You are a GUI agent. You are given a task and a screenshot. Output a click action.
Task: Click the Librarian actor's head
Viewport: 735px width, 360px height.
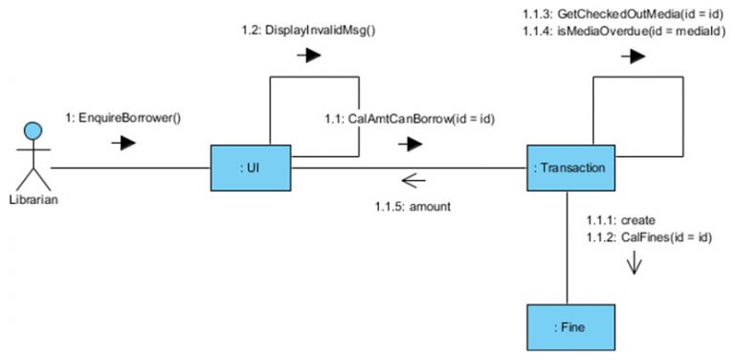[33, 130]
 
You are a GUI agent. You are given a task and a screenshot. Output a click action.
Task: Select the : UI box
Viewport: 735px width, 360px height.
[251, 169]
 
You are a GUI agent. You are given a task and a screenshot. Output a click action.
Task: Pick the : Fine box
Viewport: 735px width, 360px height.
[569, 327]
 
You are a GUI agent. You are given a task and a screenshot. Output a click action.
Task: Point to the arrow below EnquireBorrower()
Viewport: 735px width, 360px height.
[123, 145]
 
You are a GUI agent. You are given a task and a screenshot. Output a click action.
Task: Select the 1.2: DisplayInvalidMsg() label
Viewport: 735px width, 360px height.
[308, 29]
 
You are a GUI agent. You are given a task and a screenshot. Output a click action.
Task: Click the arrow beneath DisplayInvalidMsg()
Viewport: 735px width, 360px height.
[308, 56]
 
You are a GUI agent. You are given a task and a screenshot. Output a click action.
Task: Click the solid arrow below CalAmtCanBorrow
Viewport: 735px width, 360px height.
[412, 146]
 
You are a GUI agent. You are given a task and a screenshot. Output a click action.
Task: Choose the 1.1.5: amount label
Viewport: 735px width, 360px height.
[412, 204]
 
